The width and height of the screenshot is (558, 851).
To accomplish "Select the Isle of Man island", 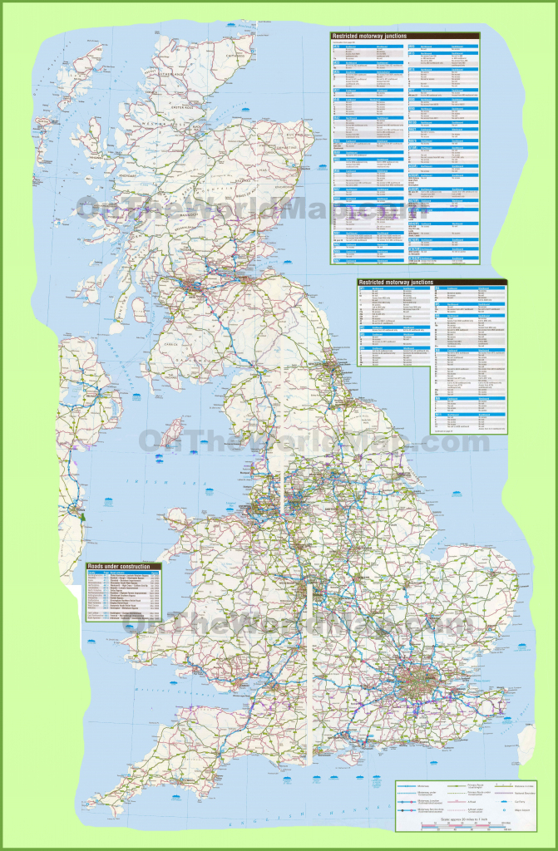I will pos(172,432).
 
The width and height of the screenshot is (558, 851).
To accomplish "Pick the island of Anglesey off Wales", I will pos(181,516).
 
